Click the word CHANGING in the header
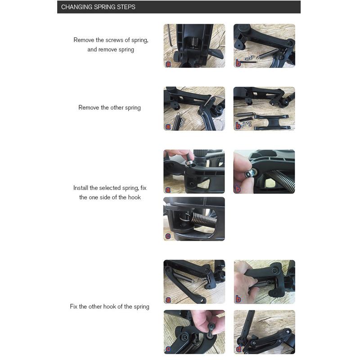[x=76, y=7]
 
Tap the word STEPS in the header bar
[x=126, y=7]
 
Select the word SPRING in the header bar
[x=104, y=7]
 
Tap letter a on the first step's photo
[x=168, y=64]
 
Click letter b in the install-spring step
[x=238, y=189]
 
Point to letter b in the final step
[x=238, y=299]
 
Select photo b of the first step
[x=264, y=46]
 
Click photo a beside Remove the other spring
[x=194, y=108]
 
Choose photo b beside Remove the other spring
[x=264, y=108]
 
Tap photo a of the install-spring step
[x=194, y=171]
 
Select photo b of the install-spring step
[x=264, y=171]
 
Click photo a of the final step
[x=194, y=281]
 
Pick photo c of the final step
[x=194, y=332]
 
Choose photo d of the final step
[x=264, y=332]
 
